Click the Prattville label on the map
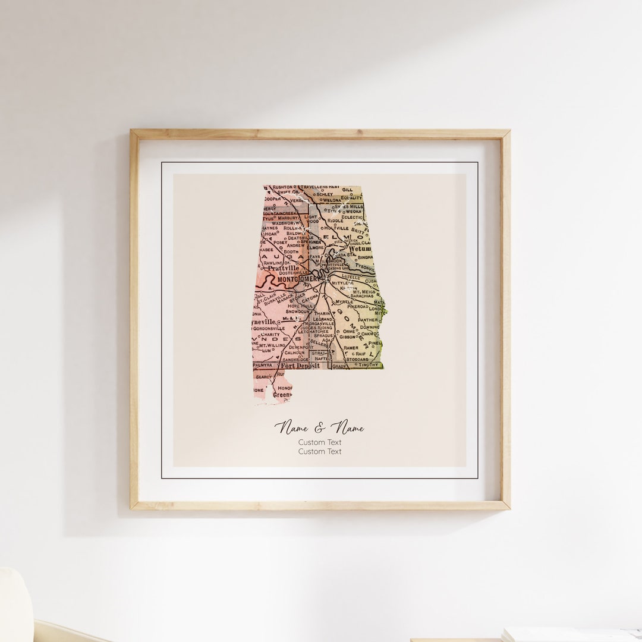[283, 268]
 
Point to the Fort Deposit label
[300, 366]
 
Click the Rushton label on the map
[282, 187]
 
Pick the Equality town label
[351, 197]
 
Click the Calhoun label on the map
[294, 353]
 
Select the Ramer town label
[351, 347]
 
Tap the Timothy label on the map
[368, 364]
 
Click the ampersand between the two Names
[320, 427]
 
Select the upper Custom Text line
[320, 442]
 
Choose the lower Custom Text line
[320, 452]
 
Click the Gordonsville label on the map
[271, 328]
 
